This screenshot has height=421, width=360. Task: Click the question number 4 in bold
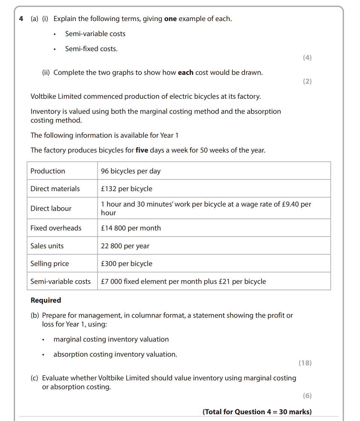pos(21,19)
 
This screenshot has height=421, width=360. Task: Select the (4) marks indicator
pos(307,58)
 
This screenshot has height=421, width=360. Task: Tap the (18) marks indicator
pos(305,363)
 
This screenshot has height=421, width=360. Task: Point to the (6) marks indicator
pos(307,395)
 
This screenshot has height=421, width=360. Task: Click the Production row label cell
pos(48,171)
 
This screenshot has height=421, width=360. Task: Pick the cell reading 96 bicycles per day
pos(130,171)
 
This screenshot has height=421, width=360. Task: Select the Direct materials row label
pos(55,189)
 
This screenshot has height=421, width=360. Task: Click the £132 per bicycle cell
pos(126,189)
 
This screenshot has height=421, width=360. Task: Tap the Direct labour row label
pos(51,208)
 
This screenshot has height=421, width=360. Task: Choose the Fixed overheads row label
pos(56,228)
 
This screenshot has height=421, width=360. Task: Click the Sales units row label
pos(47,246)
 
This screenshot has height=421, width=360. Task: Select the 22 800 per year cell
pos(125,246)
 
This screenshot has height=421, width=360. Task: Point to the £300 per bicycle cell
pos(126,264)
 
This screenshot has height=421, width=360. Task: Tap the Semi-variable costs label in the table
pos(61,281)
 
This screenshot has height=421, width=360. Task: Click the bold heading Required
pos(45,300)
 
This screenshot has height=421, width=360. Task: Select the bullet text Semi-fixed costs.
pos(91,49)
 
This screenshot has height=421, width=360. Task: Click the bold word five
pos(142,150)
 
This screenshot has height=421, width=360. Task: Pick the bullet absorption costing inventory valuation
pos(115,354)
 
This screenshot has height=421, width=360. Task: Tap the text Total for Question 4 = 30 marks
pos(257,412)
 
